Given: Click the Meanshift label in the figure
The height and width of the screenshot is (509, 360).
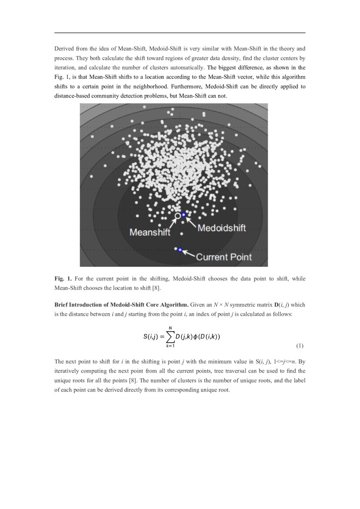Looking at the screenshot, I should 150,233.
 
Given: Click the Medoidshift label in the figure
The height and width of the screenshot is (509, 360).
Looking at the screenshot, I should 222,228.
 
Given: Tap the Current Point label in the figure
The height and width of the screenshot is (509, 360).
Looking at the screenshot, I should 224,257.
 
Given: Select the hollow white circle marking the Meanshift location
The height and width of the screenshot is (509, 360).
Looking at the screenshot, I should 177,216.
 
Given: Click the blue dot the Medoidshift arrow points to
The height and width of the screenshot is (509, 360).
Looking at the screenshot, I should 184,215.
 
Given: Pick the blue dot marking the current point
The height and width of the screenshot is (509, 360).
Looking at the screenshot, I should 180,249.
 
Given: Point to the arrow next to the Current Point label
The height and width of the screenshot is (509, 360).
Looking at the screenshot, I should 188,253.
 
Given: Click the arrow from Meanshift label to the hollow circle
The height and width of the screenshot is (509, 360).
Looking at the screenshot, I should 170,222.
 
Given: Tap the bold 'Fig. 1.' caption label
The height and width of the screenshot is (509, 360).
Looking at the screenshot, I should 63,279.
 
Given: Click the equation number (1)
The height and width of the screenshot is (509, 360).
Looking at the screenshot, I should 299,346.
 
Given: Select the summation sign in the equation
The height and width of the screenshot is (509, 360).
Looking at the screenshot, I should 170,336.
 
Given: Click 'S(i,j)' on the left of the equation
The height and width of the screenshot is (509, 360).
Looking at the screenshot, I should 151,337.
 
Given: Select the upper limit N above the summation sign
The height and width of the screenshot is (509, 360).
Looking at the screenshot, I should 170,328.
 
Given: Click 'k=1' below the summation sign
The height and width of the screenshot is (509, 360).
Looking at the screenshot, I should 170,346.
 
